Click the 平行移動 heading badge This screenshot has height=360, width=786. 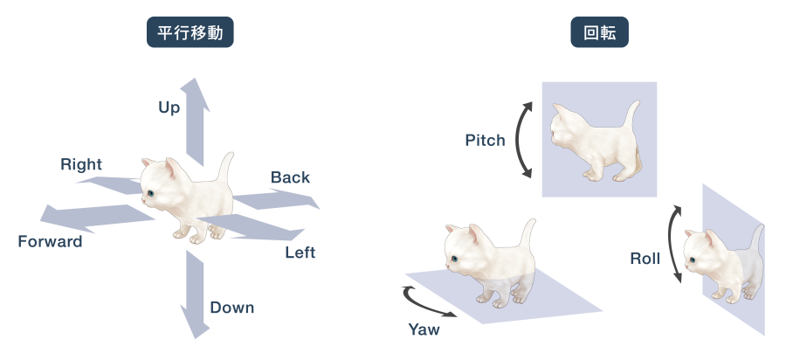pyautogui.click(x=190, y=32)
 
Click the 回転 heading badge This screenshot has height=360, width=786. pyautogui.click(x=599, y=32)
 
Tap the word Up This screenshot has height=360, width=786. pyautogui.click(x=169, y=107)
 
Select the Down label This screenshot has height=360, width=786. pyautogui.click(x=232, y=308)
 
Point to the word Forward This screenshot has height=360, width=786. pyautogui.click(x=50, y=242)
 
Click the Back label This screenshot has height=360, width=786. pyautogui.click(x=290, y=177)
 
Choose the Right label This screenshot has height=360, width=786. pyautogui.click(x=81, y=164)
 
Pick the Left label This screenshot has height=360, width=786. pyautogui.click(x=300, y=253)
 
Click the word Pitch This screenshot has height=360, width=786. pyautogui.click(x=486, y=141)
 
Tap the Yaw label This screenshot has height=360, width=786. pyautogui.click(x=424, y=329)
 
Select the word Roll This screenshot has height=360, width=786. pyautogui.click(x=645, y=259)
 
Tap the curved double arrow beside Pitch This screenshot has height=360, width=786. pyautogui.click(x=520, y=140)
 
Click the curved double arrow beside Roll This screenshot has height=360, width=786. pyautogui.click(x=672, y=244)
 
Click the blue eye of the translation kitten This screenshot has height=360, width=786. pyautogui.click(x=150, y=193)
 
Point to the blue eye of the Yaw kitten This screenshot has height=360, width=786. pyautogui.click(x=454, y=259)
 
